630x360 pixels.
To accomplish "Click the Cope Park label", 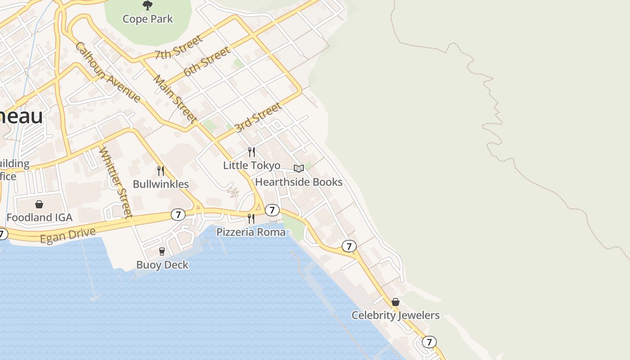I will pyautogui.click(x=148, y=19).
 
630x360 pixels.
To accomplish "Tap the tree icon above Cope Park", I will pyautogui.click(x=148, y=5).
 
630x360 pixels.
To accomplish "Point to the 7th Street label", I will pyautogui.click(x=179, y=48).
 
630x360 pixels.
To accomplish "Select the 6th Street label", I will pyautogui.click(x=207, y=62).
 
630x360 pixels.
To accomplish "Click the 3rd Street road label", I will pyautogui.click(x=258, y=117).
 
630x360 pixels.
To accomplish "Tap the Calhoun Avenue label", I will pyautogui.click(x=108, y=72).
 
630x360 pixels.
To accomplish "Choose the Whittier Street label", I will pyautogui.click(x=116, y=183).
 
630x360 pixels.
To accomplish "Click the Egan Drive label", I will pyautogui.click(x=68, y=235).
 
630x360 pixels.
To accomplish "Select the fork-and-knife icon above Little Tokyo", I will pyautogui.click(x=252, y=152).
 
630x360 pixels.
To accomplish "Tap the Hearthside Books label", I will pyautogui.click(x=299, y=182).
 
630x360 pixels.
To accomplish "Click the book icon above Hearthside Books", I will pyautogui.click(x=299, y=168).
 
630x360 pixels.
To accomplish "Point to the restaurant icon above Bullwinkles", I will pyautogui.click(x=161, y=171).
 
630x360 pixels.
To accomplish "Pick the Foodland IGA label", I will pyautogui.click(x=39, y=218).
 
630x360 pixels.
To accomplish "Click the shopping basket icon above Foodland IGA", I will pyautogui.click(x=39, y=204).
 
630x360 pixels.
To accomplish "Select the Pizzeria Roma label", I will pyautogui.click(x=251, y=232).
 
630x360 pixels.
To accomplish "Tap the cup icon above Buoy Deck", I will pyautogui.click(x=162, y=251).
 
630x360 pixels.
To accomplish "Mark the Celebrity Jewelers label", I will pyautogui.click(x=395, y=315).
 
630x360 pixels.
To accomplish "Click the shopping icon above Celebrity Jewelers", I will pyautogui.click(x=396, y=302).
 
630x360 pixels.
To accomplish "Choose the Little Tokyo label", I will pyautogui.click(x=252, y=166).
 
